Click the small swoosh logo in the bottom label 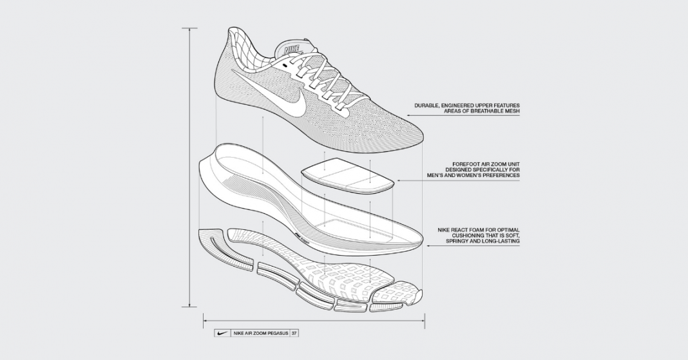pyautogui.click(x=221, y=334)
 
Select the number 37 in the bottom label pyautogui.click(x=294, y=334)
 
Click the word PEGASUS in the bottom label pyautogui.click(x=277, y=334)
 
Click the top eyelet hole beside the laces pyautogui.click(x=284, y=64)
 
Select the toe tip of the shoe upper pyautogui.click(x=421, y=137)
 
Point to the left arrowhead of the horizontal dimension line pyautogui.click(x=205, y=318)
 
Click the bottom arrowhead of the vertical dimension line pyautogui.click(x=190, y=305)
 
